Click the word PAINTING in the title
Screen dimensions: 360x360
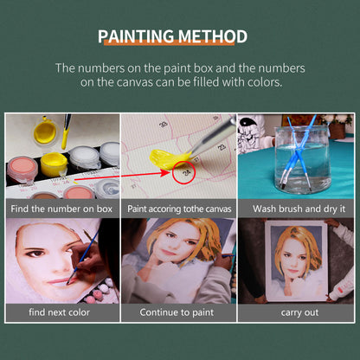pos(137,36)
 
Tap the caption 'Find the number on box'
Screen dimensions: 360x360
pos(62,209)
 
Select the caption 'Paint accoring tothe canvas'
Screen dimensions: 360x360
pos(179,209)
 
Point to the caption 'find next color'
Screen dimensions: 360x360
pos(62,312)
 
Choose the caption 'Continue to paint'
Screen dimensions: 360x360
pos(179,312)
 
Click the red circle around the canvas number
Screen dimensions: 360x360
pos(183,173)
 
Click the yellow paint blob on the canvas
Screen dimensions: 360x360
pos(167,161)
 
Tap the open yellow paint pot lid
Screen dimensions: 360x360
pos(44,132)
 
